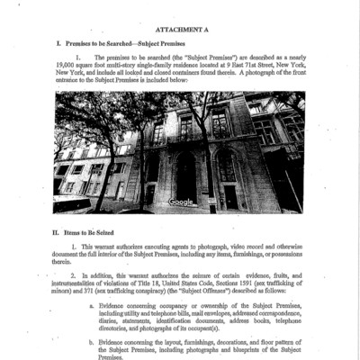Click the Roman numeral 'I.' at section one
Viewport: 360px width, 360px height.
[58, 42]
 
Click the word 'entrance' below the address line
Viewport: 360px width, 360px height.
[68, 81]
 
